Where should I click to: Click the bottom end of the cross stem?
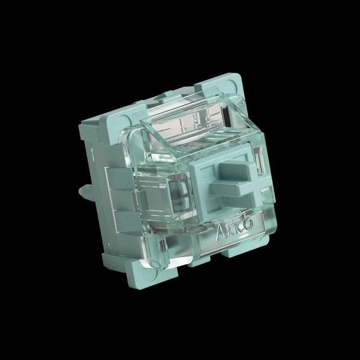coord(233,198)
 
